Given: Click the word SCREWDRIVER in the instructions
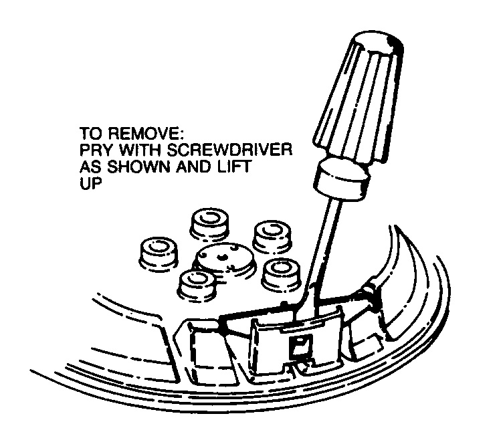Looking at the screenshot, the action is click(x=229, y=150).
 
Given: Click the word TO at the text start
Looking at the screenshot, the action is click(x=92, y=134).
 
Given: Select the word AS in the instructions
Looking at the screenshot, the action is click(x=91, y=167).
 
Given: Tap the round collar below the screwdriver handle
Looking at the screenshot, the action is click(x=342, y=178).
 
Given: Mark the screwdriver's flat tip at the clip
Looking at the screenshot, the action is click(x=306, y=308).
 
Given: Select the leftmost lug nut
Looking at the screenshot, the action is click(x=159, y=253).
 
